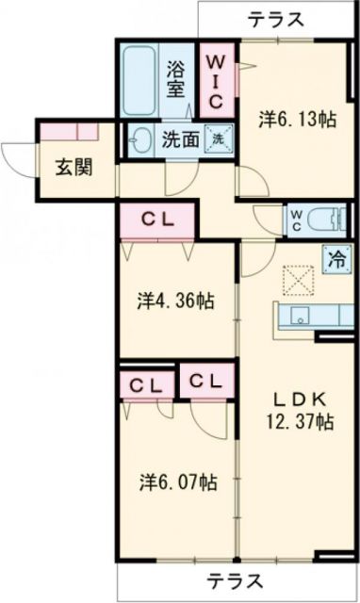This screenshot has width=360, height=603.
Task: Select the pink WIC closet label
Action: point(215,80)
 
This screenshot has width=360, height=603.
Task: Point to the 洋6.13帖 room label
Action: point(299,120)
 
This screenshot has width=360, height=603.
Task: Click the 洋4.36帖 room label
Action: point(175,301)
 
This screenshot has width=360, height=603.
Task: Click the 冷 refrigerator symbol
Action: point(335,260)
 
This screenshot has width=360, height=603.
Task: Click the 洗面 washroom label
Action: point(179,140)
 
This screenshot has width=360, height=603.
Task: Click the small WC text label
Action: point(296,220)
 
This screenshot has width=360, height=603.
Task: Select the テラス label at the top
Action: point(276,17)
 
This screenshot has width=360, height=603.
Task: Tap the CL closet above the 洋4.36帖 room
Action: point(156,220)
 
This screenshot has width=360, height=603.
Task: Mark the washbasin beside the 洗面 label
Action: point(141,140)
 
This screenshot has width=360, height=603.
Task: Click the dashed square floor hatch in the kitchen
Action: point(298,278)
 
